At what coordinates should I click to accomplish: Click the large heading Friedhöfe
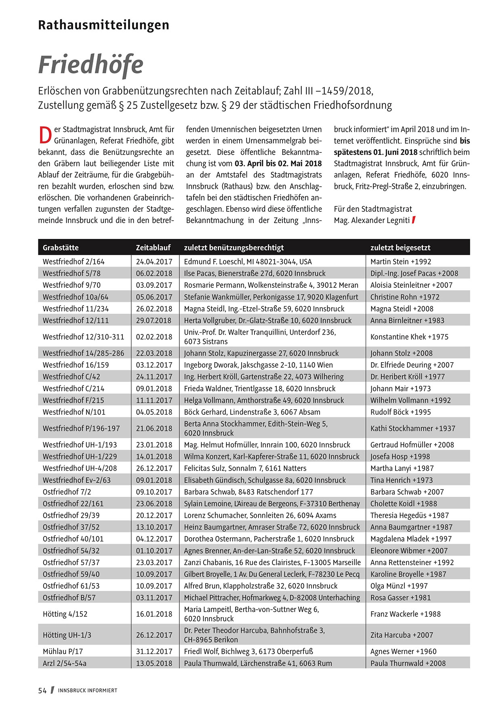(91, 65)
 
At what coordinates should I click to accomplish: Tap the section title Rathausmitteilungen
(103, 25)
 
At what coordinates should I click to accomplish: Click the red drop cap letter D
(45, 135)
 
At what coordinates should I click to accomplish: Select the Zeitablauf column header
(153, 247)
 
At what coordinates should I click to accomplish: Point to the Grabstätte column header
(61, 247)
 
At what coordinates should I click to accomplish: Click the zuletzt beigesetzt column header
(400, 247)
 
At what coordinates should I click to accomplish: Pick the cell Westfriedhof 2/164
(74, 262)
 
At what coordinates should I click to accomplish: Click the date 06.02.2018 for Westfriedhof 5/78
(154, 273)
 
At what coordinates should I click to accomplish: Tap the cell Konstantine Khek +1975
(409, 337)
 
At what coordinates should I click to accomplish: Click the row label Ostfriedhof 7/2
(67, 492)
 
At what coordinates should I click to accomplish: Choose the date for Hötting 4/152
(154, 614)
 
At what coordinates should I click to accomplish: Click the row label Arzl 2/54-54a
(65, 663)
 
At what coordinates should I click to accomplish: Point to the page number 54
(42, 690)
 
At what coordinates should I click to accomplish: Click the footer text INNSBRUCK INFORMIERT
(88, 690)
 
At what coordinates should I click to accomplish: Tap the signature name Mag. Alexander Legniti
(372, 220)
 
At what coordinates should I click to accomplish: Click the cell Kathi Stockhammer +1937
(413, 428)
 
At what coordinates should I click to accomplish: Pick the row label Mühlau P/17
(63, 651)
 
